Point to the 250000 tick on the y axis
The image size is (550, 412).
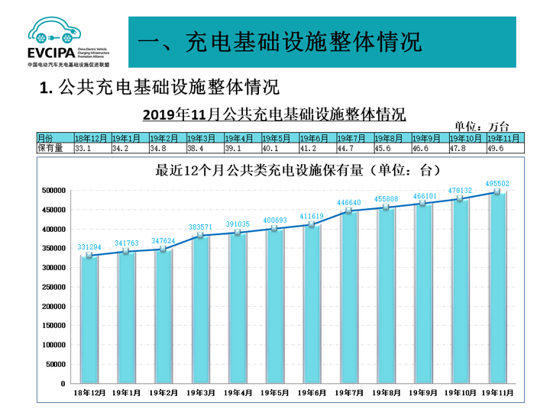point(53,287)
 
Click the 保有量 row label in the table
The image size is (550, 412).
point(50,149)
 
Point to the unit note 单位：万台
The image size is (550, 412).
point(481,126)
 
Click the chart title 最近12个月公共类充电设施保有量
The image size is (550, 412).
point(299,169)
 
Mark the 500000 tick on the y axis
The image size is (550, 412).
point(53,190)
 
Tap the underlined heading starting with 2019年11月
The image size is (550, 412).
point(273,114)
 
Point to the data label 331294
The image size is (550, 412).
point(90,247)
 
